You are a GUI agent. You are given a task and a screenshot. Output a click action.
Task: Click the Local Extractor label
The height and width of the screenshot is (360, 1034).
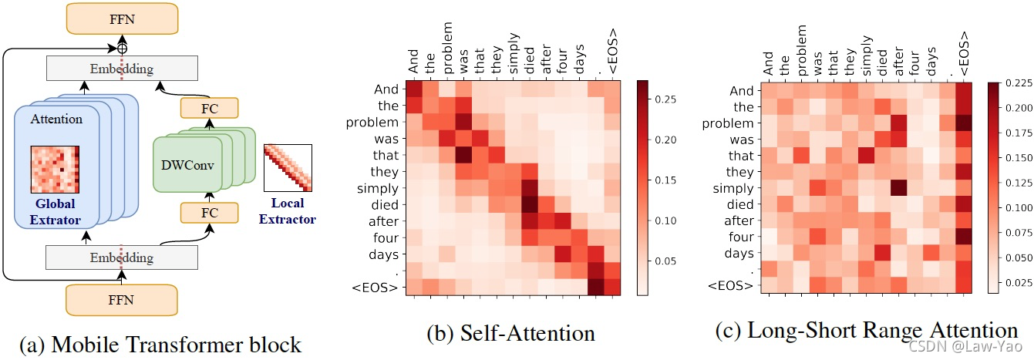coord(288,211)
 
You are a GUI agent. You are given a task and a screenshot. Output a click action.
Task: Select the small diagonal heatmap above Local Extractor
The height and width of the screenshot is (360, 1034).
coord(288,167)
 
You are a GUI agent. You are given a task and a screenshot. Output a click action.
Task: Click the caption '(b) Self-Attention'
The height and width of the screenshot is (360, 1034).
coord(510,334)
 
